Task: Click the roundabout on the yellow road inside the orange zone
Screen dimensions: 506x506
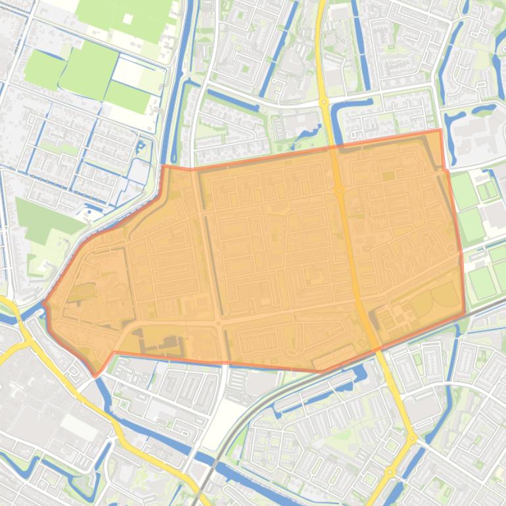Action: (x=339, y=190)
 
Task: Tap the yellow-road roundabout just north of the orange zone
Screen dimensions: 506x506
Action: (x=324, y=102)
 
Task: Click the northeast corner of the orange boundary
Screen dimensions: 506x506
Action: (x=440, y=130)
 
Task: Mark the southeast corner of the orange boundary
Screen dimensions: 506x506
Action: (x=465, y=313)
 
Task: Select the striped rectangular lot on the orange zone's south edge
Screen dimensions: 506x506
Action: (x=334, y=358)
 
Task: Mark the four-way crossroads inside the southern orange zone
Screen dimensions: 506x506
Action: (x=218, y=323)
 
